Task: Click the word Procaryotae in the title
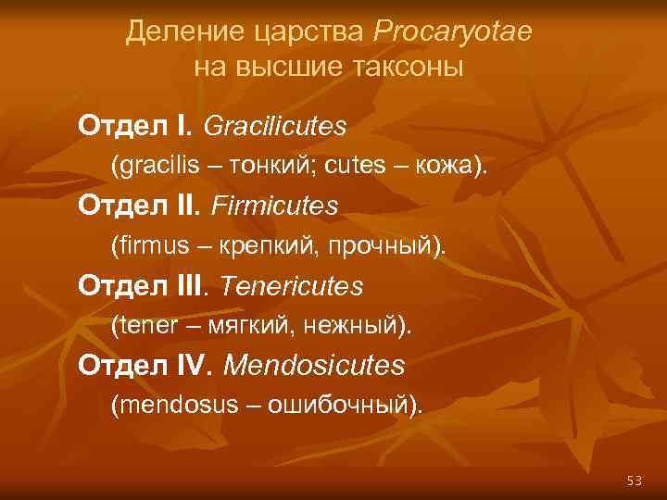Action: [x=453, y=32]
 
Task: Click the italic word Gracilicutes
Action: [x=274, y=124]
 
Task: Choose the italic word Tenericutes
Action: [x=293, y=286]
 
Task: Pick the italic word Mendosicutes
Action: [x=314, y=367]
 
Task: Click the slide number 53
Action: [x=634, y=480]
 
